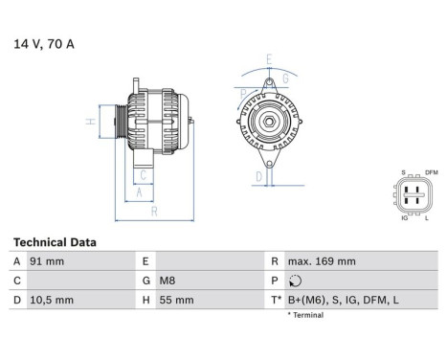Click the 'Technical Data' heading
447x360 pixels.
point(55,243)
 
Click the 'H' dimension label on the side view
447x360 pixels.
point(89,122)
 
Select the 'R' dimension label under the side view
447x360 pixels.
point(154,212)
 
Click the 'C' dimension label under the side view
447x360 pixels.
point(143,175)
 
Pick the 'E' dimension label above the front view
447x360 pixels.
point(270,60)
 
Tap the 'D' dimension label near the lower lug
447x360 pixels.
point(257,177)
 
